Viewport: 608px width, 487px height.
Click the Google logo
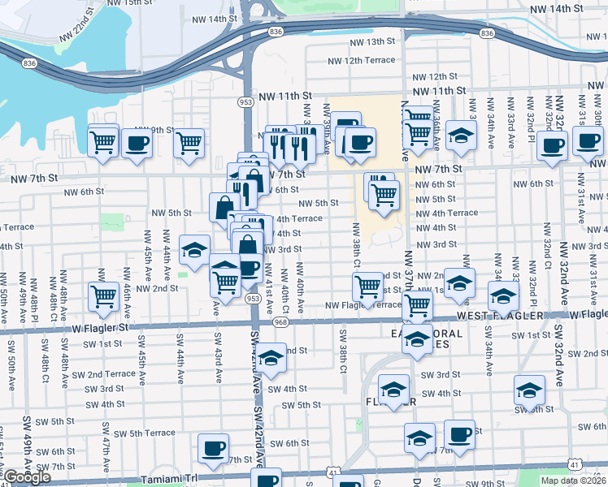click(x=27, y=477)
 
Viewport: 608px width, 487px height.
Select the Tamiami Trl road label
click(x=169, y=479)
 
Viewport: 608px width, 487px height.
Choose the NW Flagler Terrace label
click(x=363, y=306)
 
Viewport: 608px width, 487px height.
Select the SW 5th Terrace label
click(x=136, y=433)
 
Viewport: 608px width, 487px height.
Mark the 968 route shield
click(x=281, y=321)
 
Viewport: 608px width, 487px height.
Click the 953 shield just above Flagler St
click(x=254, y=299)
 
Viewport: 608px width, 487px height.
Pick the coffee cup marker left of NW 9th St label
click(x=136, y=144)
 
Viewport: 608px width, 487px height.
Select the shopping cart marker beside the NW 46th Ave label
click(x=104, y=297)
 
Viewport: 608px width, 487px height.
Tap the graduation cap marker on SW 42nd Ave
click(x=271, y=356)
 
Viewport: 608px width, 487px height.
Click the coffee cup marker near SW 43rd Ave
click(x=214, y=448)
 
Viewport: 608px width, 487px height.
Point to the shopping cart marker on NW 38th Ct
click(x=368, y=286)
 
